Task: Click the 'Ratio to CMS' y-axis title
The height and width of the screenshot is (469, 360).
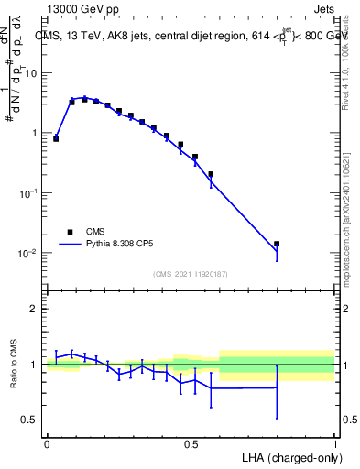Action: tap(12, 364)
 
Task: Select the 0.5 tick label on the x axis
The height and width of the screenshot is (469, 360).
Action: tap(191, 443)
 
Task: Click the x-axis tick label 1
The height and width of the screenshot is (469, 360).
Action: tap(334, 443)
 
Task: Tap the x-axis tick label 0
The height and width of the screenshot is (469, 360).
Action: tap(47, 443)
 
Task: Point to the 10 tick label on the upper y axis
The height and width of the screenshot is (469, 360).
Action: tap(34, 72)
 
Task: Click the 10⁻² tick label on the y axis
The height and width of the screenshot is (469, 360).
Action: tap(31, 253)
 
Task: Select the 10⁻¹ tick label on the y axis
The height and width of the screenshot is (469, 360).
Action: tap(31, 192)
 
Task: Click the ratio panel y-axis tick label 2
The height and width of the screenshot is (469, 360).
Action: tap(37, 309)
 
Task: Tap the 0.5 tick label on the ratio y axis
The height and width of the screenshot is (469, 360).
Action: tap(33, 420)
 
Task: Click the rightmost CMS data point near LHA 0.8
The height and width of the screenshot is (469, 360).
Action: tap(277, 244)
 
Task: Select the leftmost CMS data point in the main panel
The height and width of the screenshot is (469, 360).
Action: tap(56, 138)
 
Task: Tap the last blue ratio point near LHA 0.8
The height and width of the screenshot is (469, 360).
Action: tap(277, 387)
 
